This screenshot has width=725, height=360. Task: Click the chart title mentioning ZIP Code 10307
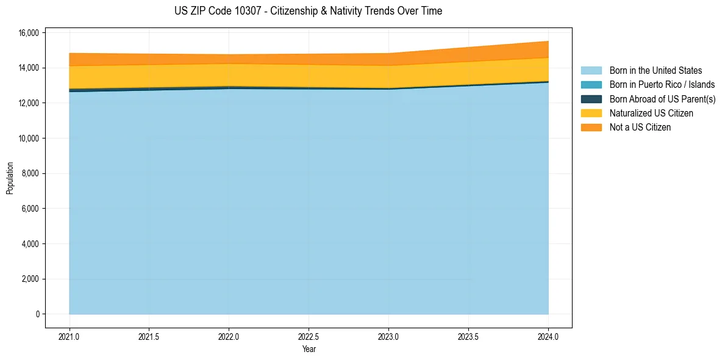click(x=308, y=11)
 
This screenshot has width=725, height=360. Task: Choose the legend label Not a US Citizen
click(x=640, y=127)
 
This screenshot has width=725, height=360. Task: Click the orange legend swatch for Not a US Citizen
click(x=591, y=127)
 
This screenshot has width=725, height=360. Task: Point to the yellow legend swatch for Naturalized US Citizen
click(x=591, y=113)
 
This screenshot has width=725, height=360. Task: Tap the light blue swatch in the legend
click(x=591, y=71)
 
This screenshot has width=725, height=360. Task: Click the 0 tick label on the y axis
click(x=37, y=314)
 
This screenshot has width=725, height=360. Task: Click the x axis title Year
click(x=309, y=350)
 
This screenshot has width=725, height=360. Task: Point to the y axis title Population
click(x=10, y=178)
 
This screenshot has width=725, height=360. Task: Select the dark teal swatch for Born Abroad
click(x=591, y=99)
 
